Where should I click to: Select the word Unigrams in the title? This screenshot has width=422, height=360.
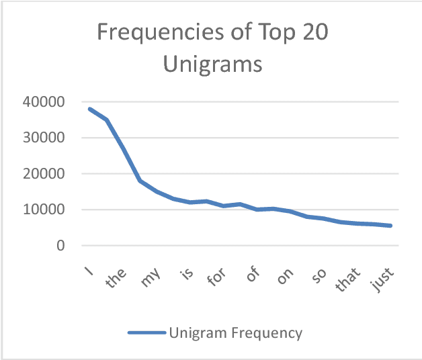pyautogui.click(x=212, y=65)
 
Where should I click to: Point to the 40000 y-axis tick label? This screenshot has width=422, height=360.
pyautogui.click(x=46, y=102)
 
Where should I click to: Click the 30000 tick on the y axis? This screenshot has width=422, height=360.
pyautogui.click(x=46, y=138)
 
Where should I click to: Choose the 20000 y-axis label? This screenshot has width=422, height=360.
pyautogui.click(x=46, y=174)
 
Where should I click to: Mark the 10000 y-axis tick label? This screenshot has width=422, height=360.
pyautogui.click(x=46, y=210)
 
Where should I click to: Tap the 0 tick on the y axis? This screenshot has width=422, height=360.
pyautogui.click(x=60, y=246)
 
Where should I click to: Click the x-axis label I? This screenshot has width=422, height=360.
pyautogui.click(x=89, y=270)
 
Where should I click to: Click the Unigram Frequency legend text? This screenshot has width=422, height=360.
pyautogui.click(x=236, y=332)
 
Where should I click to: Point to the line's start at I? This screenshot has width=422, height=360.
pyautogui.click(x=89, y=109)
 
